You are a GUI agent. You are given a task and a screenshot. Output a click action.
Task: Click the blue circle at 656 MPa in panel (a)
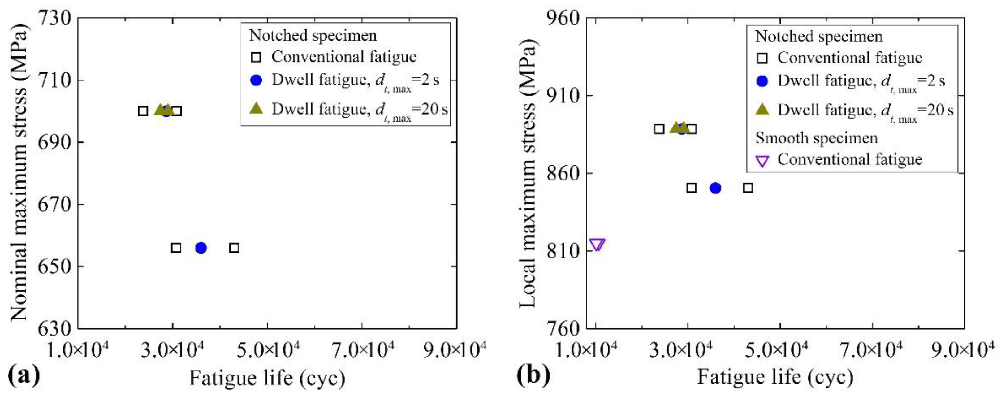pyautogui.click(x=201, y=248)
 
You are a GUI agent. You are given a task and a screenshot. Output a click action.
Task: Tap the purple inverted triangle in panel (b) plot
pyautogui.click(x=597, y=245)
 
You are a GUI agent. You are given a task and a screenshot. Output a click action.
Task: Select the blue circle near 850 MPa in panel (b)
pyautogui.click(x=715, y=188)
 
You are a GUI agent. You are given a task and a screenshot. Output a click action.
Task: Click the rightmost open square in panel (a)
pyautogui.click(x=234, y=248)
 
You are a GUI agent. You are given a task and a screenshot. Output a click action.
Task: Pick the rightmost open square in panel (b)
pyautogui.click(x=748, y=188)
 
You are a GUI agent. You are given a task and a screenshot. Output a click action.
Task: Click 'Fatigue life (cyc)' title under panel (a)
pyautogui.click(x=267, y=378)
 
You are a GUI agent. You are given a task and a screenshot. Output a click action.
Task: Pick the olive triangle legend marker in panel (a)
pyautogui.click(x=256, y=109)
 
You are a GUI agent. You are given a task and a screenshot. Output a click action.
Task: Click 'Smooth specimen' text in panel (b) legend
pyautogui.click(x=816, y=138)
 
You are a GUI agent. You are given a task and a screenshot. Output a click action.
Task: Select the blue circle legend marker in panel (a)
pyautogui.click(x=256, y=80)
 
